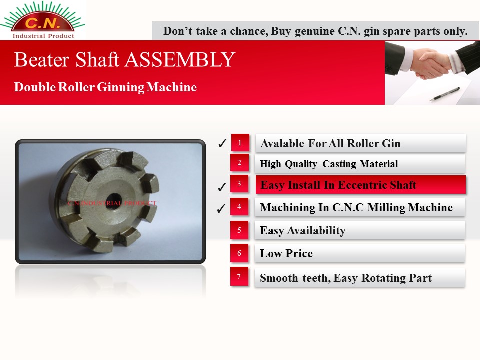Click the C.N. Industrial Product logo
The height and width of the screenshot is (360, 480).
point(43,20)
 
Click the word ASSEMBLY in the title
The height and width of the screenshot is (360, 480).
point(180,59)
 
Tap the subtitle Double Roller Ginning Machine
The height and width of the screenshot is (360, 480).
point(105,87)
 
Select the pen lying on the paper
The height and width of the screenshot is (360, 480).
point(444,94)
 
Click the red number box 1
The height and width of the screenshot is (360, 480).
point(240,142)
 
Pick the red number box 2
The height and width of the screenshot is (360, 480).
point(239,162)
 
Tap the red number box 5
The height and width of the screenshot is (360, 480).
point(239,230)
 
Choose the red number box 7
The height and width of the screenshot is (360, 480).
point(239,276)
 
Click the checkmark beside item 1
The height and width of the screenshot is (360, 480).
point(222,143)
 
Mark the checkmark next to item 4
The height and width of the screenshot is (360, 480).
point(221,208)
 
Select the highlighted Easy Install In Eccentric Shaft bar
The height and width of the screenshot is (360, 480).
point(360,184)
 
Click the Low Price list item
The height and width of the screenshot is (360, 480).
point(360,253)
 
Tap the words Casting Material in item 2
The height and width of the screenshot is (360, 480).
point(360,164)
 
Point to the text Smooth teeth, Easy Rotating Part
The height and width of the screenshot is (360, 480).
point(346,278)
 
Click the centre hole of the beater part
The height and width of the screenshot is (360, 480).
point(114,200)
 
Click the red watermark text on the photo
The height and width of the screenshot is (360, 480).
point(112,203)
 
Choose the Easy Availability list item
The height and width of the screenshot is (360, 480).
point(360,230)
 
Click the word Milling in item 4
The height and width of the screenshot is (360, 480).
point(386,208)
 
